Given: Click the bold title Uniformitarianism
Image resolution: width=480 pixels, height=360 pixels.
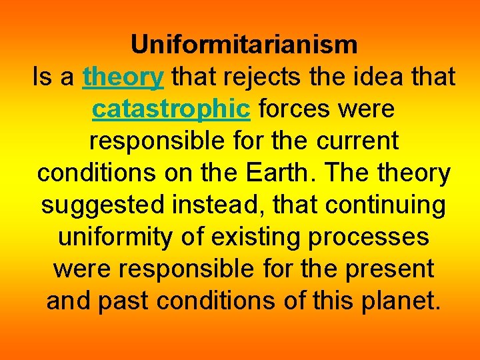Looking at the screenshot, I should pos(244,45).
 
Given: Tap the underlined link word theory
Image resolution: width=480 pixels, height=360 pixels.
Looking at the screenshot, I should pos(123,78).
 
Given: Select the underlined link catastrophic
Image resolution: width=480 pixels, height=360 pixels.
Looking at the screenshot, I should pos(171,109).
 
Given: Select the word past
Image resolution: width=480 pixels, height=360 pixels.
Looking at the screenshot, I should pos(124,301).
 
